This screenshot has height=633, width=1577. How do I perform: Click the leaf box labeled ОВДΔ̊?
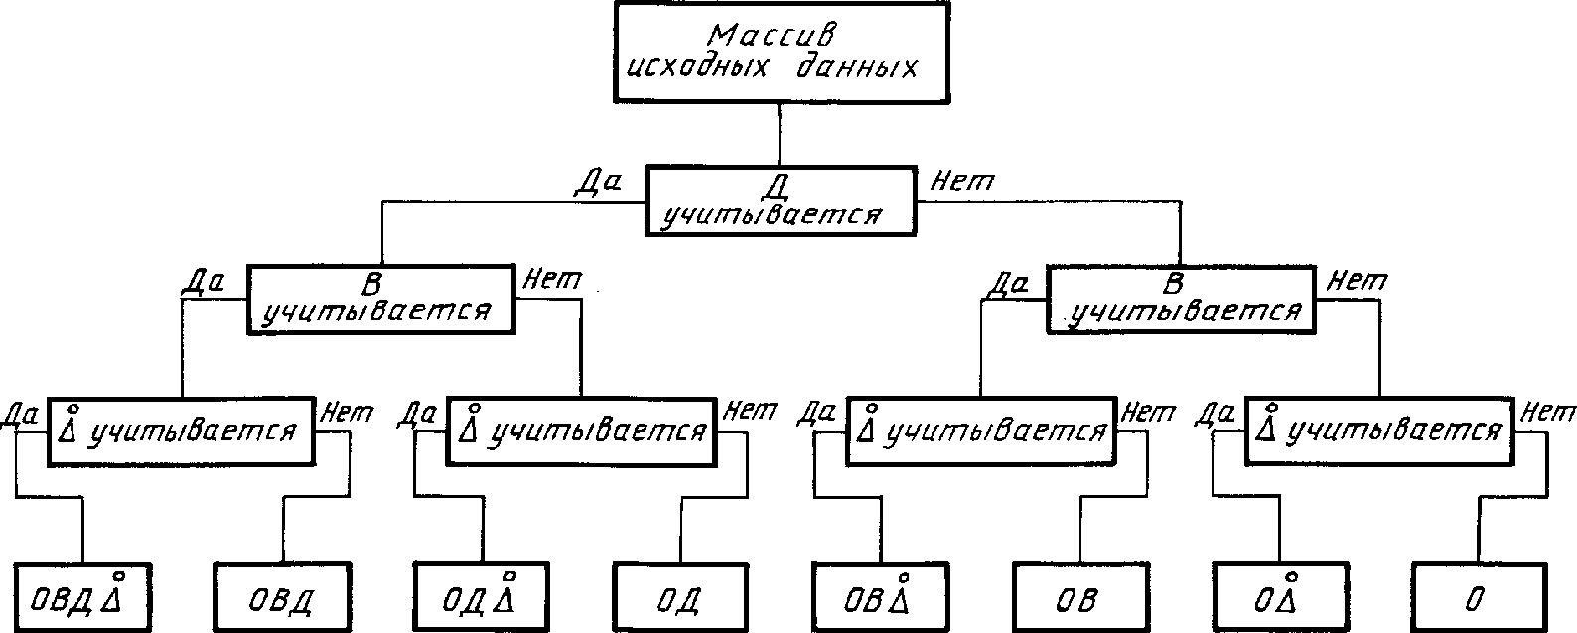click(x=83, y=596)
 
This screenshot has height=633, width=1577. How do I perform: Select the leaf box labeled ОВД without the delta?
click(x=282, y=596)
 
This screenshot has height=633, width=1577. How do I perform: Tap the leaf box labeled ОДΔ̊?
click(x=482, y=596)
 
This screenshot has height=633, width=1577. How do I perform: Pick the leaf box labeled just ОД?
click(x=680, y=596)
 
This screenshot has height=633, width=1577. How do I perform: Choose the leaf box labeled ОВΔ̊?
click(x=880, y=596)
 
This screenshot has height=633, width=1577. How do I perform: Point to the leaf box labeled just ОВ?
click(x=1080, y=596)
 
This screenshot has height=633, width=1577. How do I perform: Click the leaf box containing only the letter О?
click(x=1479, y=596)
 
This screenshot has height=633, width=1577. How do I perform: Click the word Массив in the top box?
click(x=773, y=36)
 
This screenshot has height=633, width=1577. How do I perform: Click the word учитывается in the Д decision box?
click(x=773, y=214)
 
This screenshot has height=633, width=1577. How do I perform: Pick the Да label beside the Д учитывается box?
click(x=598, y=183)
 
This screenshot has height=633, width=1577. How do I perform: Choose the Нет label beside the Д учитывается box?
click(x=961, y=182)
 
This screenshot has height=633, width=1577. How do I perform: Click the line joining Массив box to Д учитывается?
click(x=779, y=134)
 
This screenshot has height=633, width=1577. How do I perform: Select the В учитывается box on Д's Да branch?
click(x=381, y=299)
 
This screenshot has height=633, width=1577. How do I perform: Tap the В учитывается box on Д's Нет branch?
click(x=1181, y=299)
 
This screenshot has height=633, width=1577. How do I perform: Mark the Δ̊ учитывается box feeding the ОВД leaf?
click(x=181, y=431)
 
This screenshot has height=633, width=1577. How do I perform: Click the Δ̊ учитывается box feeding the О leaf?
click(x=1379, y=431)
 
